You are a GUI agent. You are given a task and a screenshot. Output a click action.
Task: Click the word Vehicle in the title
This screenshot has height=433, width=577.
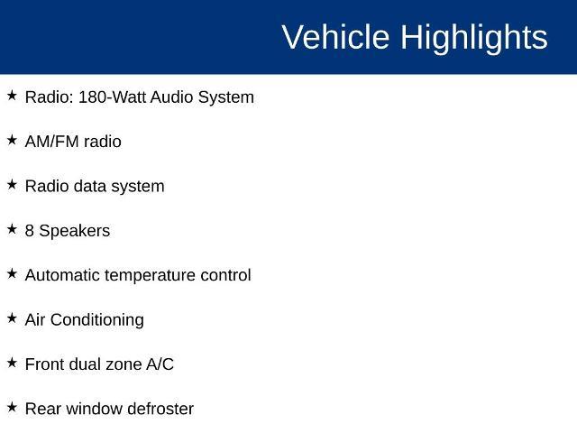[x=335, y=37]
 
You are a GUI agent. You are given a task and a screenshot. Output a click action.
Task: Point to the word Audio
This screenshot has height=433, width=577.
[x=171, y=97]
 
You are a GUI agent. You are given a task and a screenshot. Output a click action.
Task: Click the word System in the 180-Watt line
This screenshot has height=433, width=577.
[x=226, y=98]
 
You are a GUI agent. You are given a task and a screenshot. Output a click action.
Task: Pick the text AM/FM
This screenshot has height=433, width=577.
[x=52, y=142]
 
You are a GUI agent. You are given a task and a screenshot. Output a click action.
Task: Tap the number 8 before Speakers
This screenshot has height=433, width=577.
[x=30, y=231]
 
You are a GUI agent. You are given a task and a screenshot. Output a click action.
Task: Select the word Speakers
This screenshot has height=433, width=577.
[x=74, y=232]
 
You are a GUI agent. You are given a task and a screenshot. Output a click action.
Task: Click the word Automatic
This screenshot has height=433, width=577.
[x=62, y=275]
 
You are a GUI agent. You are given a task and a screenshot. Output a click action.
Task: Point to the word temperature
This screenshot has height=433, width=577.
[x=151, y=276]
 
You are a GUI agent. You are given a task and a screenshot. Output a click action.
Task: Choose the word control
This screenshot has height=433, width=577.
[x=225, y=275]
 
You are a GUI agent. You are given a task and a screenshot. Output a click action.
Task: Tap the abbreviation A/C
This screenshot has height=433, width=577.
[x=160, y=364]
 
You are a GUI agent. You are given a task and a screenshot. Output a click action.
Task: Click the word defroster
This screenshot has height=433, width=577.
[x=160, y=409]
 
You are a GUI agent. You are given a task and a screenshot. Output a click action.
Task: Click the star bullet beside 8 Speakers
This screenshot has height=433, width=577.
[x=12, y=229]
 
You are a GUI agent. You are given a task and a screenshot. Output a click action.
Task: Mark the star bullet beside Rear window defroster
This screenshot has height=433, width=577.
[x=12, y=407]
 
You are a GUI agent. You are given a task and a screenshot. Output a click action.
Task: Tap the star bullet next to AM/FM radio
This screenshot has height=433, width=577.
[x=12, y=140]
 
